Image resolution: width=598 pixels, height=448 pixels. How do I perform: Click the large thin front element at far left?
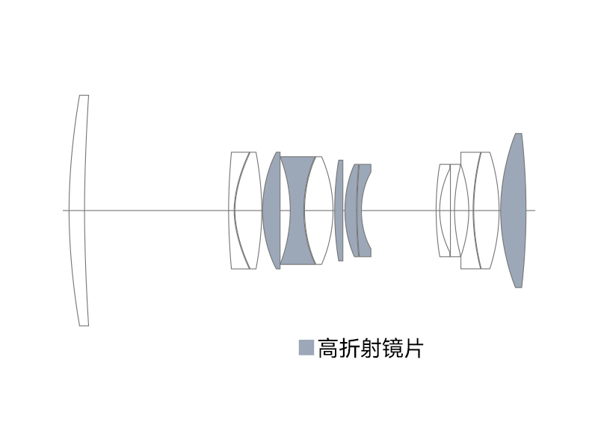77,211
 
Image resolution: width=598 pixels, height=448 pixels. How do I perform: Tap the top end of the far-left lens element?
84,96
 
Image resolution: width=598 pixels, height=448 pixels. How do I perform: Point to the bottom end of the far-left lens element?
84,324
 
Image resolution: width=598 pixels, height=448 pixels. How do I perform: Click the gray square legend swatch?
306,348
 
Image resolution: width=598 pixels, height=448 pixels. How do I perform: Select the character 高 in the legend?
328,348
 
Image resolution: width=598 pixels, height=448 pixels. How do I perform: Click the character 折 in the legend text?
349,348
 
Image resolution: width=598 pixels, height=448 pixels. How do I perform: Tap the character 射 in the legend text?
370,348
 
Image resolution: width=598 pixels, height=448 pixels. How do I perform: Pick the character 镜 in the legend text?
391,348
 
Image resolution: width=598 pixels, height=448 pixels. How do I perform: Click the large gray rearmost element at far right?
514,211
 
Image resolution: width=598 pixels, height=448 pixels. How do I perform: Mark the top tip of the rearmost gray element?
518,134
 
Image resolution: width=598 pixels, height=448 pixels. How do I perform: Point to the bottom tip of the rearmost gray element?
518,286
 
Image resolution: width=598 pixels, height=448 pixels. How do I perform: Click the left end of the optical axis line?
64,211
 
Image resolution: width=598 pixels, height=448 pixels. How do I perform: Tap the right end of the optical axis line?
534,211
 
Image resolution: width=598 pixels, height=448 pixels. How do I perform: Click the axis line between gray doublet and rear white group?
404,211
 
